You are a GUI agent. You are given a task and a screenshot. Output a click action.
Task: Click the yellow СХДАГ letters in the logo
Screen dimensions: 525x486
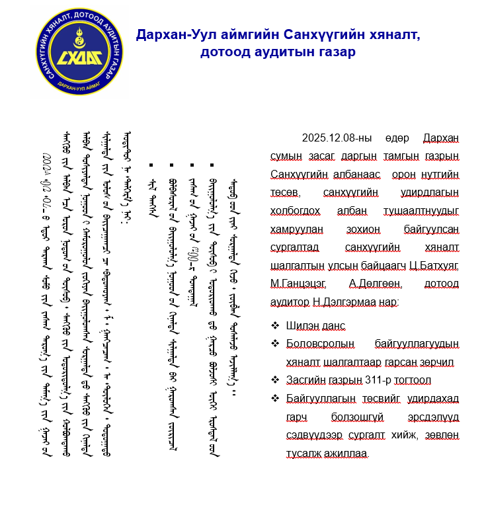coord(79,58)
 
